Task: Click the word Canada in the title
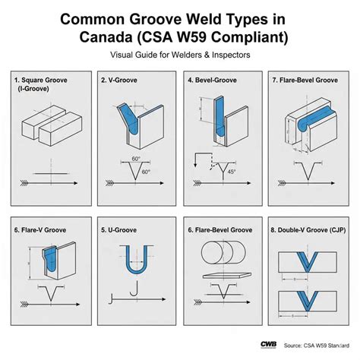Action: pyautogui.click(x=106, y=37)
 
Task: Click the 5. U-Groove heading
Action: pyautogui.click(x=124, y=228)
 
